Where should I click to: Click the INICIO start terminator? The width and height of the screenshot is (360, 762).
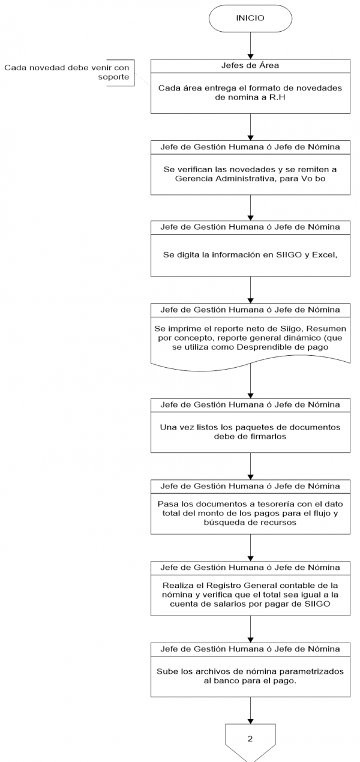[250, 18]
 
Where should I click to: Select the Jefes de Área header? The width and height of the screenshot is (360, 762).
[250, 65]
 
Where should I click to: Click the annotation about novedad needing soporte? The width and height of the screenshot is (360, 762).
[67, 72]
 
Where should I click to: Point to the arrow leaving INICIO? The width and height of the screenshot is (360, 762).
[250, 46]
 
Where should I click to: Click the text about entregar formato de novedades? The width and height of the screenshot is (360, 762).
[250, 92]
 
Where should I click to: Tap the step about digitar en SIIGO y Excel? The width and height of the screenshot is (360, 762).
[250, 255]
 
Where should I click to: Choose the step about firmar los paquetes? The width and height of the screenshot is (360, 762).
[250, 432]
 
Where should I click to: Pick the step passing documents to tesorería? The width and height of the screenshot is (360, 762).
[250, 514]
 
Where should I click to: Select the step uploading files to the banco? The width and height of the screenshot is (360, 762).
[250, 676]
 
